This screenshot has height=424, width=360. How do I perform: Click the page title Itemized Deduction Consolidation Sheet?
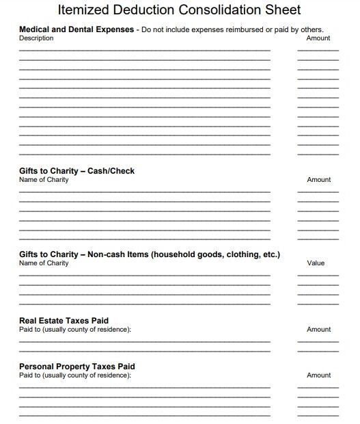180,10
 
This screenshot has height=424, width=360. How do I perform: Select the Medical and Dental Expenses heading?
77,30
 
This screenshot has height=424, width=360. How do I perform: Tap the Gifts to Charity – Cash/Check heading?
81,170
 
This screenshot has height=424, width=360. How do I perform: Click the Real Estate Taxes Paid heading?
64,320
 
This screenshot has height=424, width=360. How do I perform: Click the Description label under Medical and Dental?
36,38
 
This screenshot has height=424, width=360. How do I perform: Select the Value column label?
316,263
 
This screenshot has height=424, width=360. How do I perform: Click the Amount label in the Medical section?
318,38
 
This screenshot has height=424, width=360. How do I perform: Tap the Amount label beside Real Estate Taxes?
318,329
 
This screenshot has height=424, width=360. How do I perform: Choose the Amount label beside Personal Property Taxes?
318,375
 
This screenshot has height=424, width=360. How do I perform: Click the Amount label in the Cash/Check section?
318,180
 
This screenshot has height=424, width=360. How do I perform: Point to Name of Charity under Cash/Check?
44,180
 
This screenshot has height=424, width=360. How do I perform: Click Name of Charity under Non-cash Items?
44,263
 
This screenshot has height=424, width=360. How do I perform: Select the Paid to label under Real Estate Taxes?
75,329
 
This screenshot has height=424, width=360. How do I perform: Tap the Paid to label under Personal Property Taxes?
75,375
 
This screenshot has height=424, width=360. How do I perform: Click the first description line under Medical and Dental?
144,50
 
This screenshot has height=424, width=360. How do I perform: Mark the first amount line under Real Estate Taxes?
318,341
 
